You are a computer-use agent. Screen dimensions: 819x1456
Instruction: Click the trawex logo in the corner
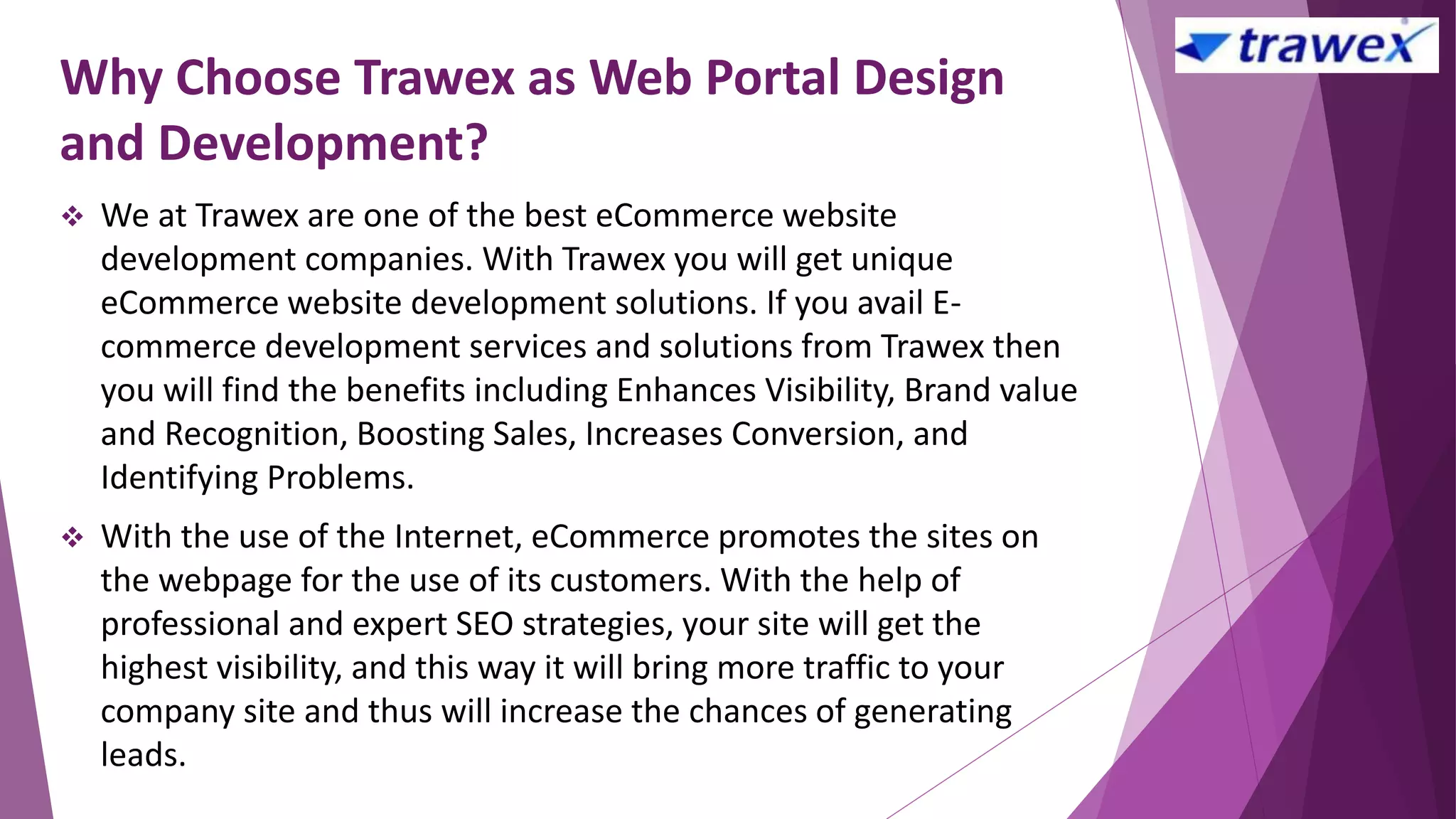click(1306, 46)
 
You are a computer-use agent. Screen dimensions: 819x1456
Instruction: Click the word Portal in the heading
click(773, 77)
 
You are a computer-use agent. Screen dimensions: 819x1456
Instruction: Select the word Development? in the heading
click(323, 143)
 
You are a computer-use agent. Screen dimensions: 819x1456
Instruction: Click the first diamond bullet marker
click(73, 216)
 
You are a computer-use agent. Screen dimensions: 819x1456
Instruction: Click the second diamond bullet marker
click(73, 537)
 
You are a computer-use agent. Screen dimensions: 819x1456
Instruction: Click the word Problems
click(340, 478)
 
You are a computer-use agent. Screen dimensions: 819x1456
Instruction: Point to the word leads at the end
click(143, 755)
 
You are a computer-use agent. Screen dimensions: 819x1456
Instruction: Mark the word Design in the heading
click(928, 77)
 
